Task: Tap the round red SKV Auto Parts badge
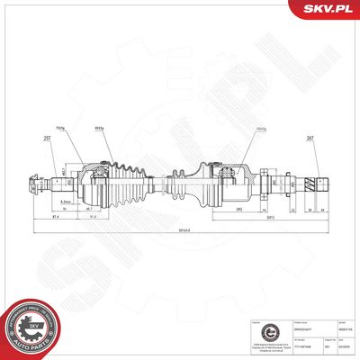tap(30, 327)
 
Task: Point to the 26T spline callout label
tap(310, 138)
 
